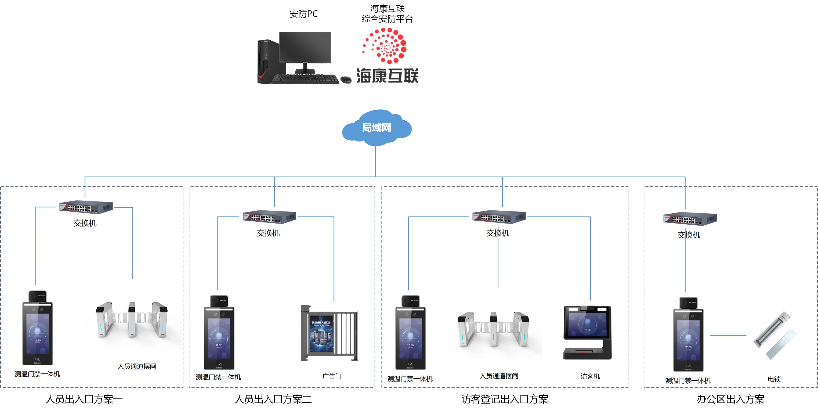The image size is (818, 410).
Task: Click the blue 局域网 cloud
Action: [x=377, y=128]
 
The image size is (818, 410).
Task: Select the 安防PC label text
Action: [x=303, y=14]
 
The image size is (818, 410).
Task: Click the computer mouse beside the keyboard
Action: [x=346, y=80]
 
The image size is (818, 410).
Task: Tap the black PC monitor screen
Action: [x=305, y=47]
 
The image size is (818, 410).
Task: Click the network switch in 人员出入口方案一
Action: [x=86, y=207]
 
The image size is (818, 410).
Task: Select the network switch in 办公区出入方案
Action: [x=690, y=219]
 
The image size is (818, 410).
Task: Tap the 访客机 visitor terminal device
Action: [x=588, y=332]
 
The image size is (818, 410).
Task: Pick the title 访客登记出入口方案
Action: [x=505, y=399]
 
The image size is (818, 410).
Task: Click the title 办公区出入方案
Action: [x=730, y=399]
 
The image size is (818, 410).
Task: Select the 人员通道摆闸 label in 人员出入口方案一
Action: [x=137, y=366]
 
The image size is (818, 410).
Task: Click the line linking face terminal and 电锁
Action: [x=728, y=335]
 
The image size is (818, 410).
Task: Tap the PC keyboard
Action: [x=305, y=79]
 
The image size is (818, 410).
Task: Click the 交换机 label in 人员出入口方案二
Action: [x=268, y=233]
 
